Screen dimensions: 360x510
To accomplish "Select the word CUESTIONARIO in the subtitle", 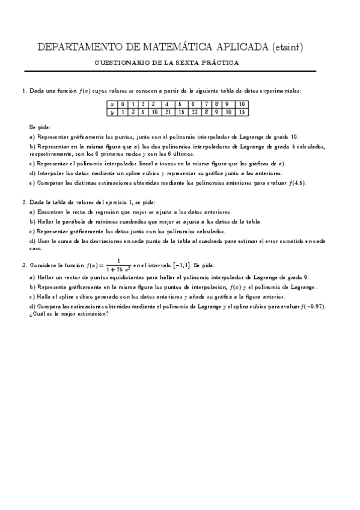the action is (124, 63).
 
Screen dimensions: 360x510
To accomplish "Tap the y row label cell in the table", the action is (111, 112).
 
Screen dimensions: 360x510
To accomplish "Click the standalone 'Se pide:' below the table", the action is (40, 127).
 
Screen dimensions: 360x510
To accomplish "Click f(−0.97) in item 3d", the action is (315, 307).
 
